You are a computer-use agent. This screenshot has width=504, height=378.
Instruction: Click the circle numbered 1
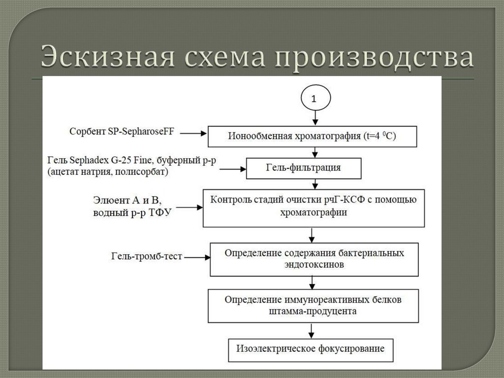315,98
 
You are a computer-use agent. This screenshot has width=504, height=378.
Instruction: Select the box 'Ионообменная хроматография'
313,137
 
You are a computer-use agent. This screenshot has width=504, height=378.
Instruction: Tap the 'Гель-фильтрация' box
304,169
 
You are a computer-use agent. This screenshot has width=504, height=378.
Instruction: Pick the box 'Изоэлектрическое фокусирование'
311,350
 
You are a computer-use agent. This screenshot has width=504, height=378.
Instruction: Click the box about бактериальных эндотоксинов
315,260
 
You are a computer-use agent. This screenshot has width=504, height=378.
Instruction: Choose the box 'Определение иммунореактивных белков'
314,306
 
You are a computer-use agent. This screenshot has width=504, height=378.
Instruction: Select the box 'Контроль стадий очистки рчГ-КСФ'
314,208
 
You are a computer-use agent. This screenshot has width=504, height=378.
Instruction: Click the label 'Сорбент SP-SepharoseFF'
122,132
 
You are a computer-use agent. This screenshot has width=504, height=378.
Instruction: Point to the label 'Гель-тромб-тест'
147,256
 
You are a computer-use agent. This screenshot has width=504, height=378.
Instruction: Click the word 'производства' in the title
375,58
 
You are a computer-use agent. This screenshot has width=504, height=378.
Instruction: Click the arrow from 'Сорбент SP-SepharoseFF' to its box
193,133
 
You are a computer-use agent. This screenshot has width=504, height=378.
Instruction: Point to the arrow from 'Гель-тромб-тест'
197,257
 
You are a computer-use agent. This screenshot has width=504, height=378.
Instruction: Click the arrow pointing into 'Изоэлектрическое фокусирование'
311,331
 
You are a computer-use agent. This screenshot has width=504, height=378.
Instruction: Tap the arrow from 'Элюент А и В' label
189,207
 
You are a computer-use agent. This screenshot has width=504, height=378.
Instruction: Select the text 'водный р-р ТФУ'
132,213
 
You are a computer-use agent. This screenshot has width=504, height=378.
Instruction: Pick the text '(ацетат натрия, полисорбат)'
108,172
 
